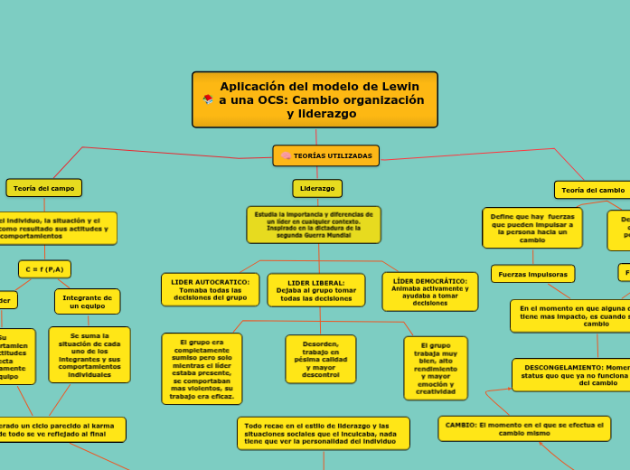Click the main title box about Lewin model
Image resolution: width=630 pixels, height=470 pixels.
(315, 99)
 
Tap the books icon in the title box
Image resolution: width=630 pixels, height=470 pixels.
(208, 99)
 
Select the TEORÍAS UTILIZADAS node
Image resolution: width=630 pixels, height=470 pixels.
(326, 155)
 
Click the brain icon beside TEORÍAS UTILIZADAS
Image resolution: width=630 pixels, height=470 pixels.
(286, 155)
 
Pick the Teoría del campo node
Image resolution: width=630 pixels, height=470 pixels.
(43, 187)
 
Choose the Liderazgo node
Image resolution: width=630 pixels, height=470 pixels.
(316, 188)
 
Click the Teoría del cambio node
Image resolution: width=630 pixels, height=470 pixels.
(592, 190)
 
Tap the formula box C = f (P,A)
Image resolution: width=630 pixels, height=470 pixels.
(44, 268)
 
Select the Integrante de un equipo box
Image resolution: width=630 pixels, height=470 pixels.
(87, 301)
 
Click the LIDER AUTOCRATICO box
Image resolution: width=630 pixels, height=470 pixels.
(210, 289)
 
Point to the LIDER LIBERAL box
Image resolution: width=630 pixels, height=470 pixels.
(316, 290)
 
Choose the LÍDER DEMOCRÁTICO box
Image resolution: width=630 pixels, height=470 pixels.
(429, 291)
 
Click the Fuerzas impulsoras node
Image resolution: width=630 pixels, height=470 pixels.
(533, 273)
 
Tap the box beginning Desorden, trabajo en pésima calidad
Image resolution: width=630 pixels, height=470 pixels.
(320, 359)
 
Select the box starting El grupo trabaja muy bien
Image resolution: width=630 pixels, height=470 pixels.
(436, 368)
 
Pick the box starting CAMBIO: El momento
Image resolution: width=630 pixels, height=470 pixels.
(524, 428)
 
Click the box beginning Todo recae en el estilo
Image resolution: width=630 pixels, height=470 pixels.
(323, 433)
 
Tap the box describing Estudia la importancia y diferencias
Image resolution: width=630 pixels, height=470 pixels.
(314, 224)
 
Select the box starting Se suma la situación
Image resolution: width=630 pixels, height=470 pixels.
(89, 354)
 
